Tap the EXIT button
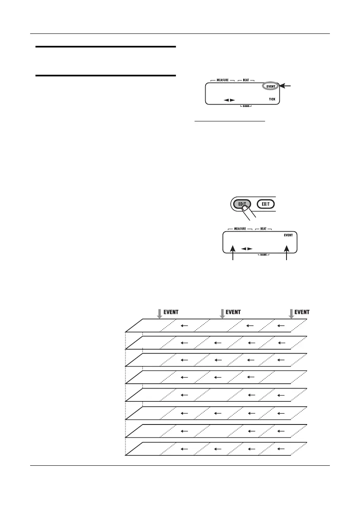[x=265, y=204]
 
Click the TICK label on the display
[x=272, y=100]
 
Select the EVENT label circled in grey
[x=270, y=86]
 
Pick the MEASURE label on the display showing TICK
[x=222, y=80]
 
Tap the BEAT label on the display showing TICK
[x=246, y=80]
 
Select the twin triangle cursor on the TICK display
[x=229, y=100]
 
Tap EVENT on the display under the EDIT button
[x=288, y=235]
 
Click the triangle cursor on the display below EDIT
[x=247, y=249]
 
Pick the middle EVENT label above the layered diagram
[x=233, y=312]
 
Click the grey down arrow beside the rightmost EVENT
[x=291, y=313]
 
